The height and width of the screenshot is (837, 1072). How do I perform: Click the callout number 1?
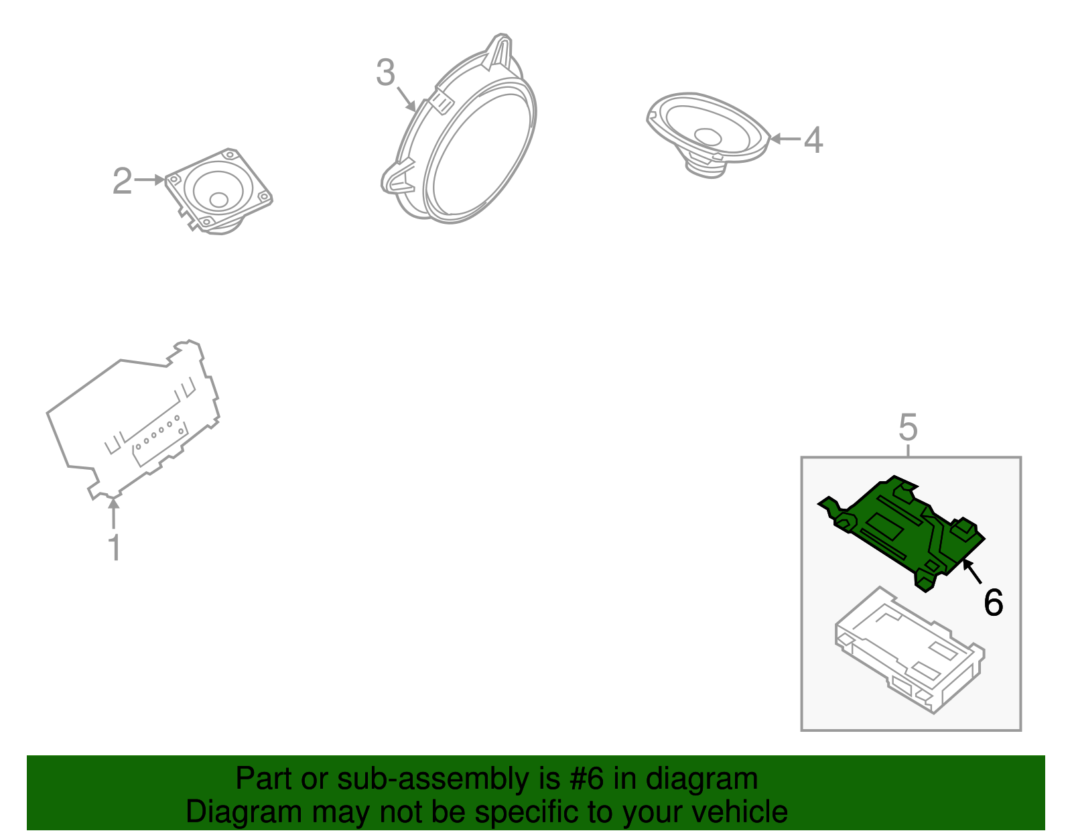(x=115, y=548)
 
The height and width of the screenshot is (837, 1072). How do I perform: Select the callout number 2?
(x=123, y=180)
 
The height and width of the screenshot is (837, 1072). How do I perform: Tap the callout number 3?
(x=386, y=72)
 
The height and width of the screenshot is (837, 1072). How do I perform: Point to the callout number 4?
(x=813, y=139)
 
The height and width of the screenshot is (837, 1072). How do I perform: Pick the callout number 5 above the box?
(x=909, y=427)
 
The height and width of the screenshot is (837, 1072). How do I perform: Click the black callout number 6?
(x=994, y=602)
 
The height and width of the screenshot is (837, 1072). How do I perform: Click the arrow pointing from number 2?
(x=149, y=180)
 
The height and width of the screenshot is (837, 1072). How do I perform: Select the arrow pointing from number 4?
(x=785, y=139)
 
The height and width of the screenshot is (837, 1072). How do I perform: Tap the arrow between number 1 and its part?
(x=114, y=513)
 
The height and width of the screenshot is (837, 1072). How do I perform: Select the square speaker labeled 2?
(x=218, y=191)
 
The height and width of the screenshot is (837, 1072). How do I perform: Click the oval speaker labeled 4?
(x=708, y=133)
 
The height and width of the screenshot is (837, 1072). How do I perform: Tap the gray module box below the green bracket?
(x=910, y=650)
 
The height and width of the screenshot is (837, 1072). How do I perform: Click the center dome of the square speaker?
(x=218, y=200)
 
